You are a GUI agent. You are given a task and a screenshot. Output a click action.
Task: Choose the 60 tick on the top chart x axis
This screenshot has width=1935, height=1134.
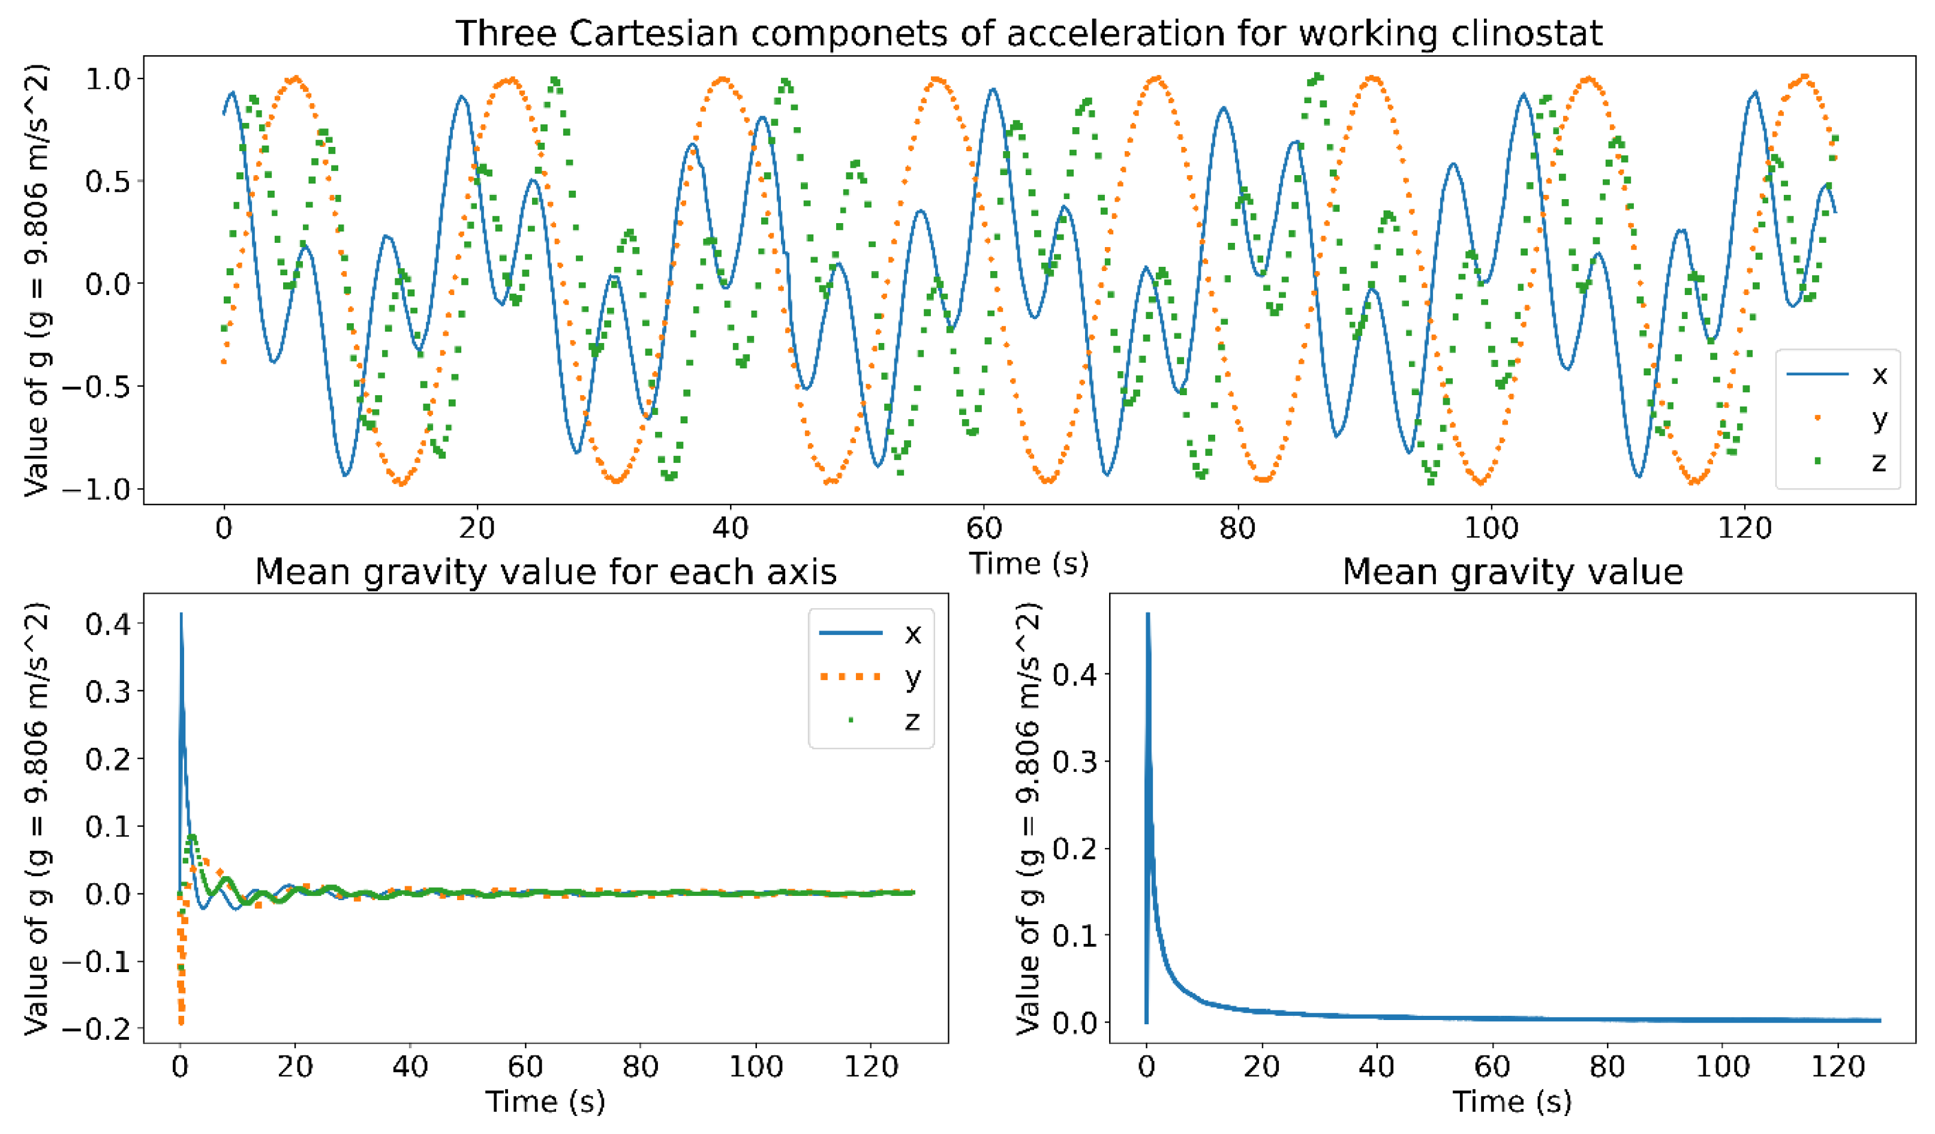pos(984,528)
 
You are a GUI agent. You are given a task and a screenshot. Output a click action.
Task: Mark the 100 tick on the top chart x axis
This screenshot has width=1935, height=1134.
pos(1491,528)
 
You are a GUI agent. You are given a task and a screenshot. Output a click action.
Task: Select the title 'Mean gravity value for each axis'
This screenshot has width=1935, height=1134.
pos(545,572)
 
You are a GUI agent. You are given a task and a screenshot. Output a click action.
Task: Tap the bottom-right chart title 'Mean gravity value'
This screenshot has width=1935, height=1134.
pos(1512,572)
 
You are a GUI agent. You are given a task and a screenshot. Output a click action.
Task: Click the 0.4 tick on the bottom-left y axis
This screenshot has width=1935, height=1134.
pos(107,624)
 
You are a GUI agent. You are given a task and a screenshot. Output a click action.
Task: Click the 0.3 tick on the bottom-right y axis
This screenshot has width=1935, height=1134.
pos(1075,761)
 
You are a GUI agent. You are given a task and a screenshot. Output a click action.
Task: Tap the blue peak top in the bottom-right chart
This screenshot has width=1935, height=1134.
pos(1147,614)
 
